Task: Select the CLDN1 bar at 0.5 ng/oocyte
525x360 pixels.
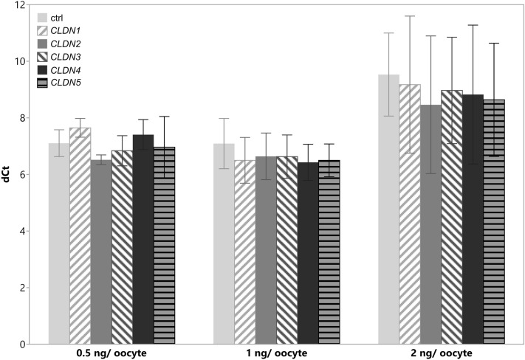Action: pyautogui.click(x=80, y=236)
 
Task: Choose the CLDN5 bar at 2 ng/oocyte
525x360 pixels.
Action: pyautogui.click(x=494, y=222)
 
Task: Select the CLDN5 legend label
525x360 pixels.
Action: pyautogui.click(x=66, y=83)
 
